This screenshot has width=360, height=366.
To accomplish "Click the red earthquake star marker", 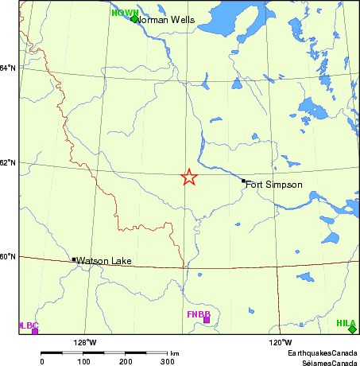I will pyautogui.click(x=189, y=177).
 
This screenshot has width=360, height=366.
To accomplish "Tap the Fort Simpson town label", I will pyautogui.click(x=273, y=185).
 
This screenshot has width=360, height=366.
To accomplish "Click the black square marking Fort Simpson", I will pyautogui.click(x=244, y=181).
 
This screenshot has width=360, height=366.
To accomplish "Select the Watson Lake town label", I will pyautogui.click(x=103, y=260).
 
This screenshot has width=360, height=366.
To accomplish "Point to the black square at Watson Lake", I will pyautogui.click(x=74, y=259).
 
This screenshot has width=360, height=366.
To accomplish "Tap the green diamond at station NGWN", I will pyautogui.click(x=134, y=18).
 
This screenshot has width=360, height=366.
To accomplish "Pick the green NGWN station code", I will pyautogui.click(x=124, y=12).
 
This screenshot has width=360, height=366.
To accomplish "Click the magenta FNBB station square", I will pyautogui.click(x=207, y=321).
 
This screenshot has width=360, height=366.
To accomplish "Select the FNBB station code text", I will pyautogui.click(x=198, y=314).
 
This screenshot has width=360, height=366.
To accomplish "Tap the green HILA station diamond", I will pyautogui.click(x=352, y=329).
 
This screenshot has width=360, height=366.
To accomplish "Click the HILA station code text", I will pyautogui.click(x=346, y=323).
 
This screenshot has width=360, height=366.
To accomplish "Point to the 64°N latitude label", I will pyautogui.click(x=8, y=68).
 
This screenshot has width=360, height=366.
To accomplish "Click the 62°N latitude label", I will pyautogui.click(x=8, y=163).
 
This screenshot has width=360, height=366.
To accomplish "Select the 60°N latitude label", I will pyautogui.click(x=8, y=257).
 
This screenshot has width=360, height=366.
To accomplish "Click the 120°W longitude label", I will pyautogui.click(x=280, y=343).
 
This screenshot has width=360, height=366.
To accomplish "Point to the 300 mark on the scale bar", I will pyautogui.click(x=168, y=361).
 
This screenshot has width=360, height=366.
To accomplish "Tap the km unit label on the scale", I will pyautogui.click(x=174, y=352).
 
